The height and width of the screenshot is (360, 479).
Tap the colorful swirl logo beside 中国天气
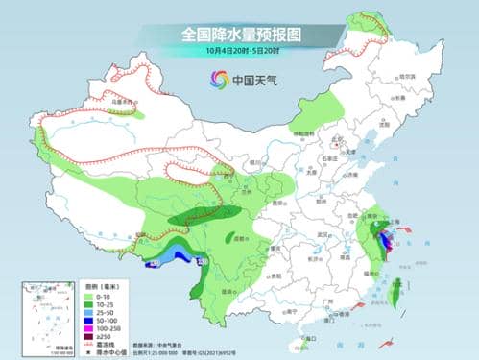(x=215, y=81)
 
